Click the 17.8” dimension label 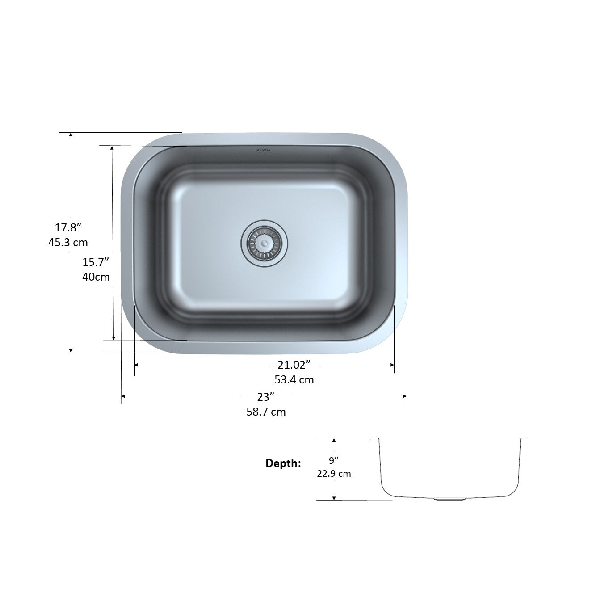click(68, 228)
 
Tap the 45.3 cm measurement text click(68, 243)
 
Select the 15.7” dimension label click(96, 262)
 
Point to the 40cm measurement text click(96, 277)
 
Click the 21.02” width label click(294, 365)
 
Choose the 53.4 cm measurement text click(294, 380)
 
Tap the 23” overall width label click(266, 397)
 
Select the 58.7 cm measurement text click(266, 412)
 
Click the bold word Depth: click(283, 463)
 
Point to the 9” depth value click(334, 460)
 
